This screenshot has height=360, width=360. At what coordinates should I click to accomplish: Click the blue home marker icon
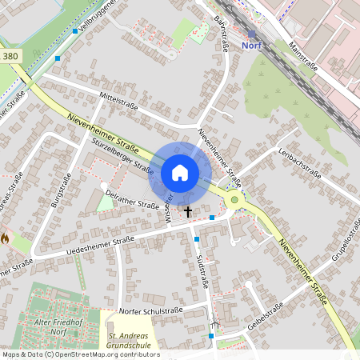click(180, 172)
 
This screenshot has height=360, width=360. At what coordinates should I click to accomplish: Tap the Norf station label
click(252, 46)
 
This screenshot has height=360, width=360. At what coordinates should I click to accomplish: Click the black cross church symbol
click(188, 212)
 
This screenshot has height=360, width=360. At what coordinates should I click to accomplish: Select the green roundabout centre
click(234, 200)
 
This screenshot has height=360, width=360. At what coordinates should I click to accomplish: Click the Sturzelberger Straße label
click(122, 156)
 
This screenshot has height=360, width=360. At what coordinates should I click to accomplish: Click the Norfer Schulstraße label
click(151, 310)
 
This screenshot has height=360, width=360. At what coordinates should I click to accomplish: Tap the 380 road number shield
click(10, 56)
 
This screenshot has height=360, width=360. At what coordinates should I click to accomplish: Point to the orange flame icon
click(5, 238)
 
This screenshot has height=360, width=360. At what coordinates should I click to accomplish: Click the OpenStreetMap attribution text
click(80, 354)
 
